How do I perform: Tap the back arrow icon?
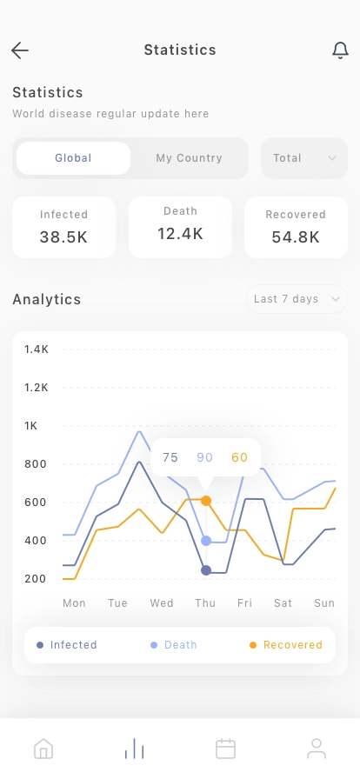click(x=20, y=50)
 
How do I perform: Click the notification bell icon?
click(x=340, y=50)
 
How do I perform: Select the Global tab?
click(x=73, y=158)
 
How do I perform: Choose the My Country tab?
click(x=189, y=158)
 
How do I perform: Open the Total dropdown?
click(x=304, y=158)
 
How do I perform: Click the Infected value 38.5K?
click(x=63, y=236)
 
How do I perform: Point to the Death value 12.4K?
click(x=180, y=233)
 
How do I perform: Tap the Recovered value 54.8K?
click(x=296, y=236)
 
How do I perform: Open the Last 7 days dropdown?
click(x=296, y=299)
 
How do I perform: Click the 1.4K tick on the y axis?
click(x=37, y=350)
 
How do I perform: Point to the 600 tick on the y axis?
click(x=36, y=503)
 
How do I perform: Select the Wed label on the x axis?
click(x=162, y=603)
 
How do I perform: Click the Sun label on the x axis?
click(x=324, y=603)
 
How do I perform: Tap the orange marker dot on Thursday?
click(x=206, y=501)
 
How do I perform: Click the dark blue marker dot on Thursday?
click(x=206, y=570)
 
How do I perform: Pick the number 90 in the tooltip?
click(x=205, y=457)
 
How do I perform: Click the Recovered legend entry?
click(x=286, y=645)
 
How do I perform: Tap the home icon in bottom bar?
click(x=43, y=749)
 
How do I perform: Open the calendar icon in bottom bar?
click(x=225, y=749)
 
